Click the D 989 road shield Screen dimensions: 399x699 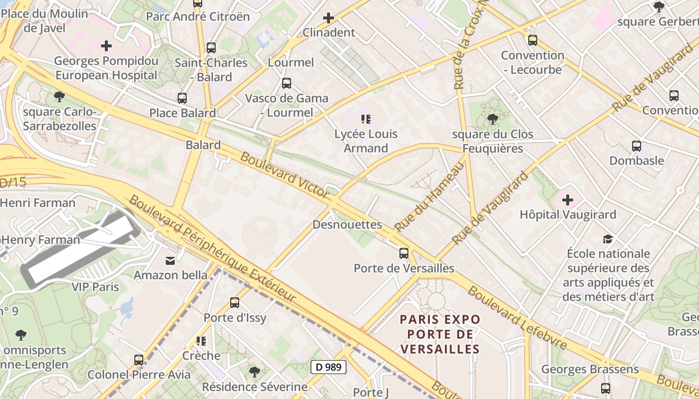tap(329, 367)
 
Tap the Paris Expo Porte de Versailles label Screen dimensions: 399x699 tap(440, 334)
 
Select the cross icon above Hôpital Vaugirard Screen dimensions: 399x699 tap(568, 200)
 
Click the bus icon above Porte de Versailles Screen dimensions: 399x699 tap(404, 253)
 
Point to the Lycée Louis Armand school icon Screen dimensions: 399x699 tap(366, 119)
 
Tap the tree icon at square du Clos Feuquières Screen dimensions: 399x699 tap(492, 119)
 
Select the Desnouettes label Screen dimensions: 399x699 tap(347, 224)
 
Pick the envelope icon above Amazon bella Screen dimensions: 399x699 tap(170, 260)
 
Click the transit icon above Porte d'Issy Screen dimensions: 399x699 tap(235, 302)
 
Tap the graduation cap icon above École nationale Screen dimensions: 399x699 tap(608, 239)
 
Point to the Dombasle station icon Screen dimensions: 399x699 tap(637, 146)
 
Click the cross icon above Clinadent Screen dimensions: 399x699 tap(329, 18)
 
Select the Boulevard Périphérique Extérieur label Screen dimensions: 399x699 tap(212, 248)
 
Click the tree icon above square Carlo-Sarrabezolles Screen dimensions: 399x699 tap(59, 96)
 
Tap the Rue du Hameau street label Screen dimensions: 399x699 tap(429, 197)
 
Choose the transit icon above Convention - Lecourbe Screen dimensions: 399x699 tap(533, 40)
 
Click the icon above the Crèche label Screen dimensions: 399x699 tap(201, 341)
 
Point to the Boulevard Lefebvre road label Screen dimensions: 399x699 tap(517, 318)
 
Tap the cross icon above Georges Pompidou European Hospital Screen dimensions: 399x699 tap(106, 46)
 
